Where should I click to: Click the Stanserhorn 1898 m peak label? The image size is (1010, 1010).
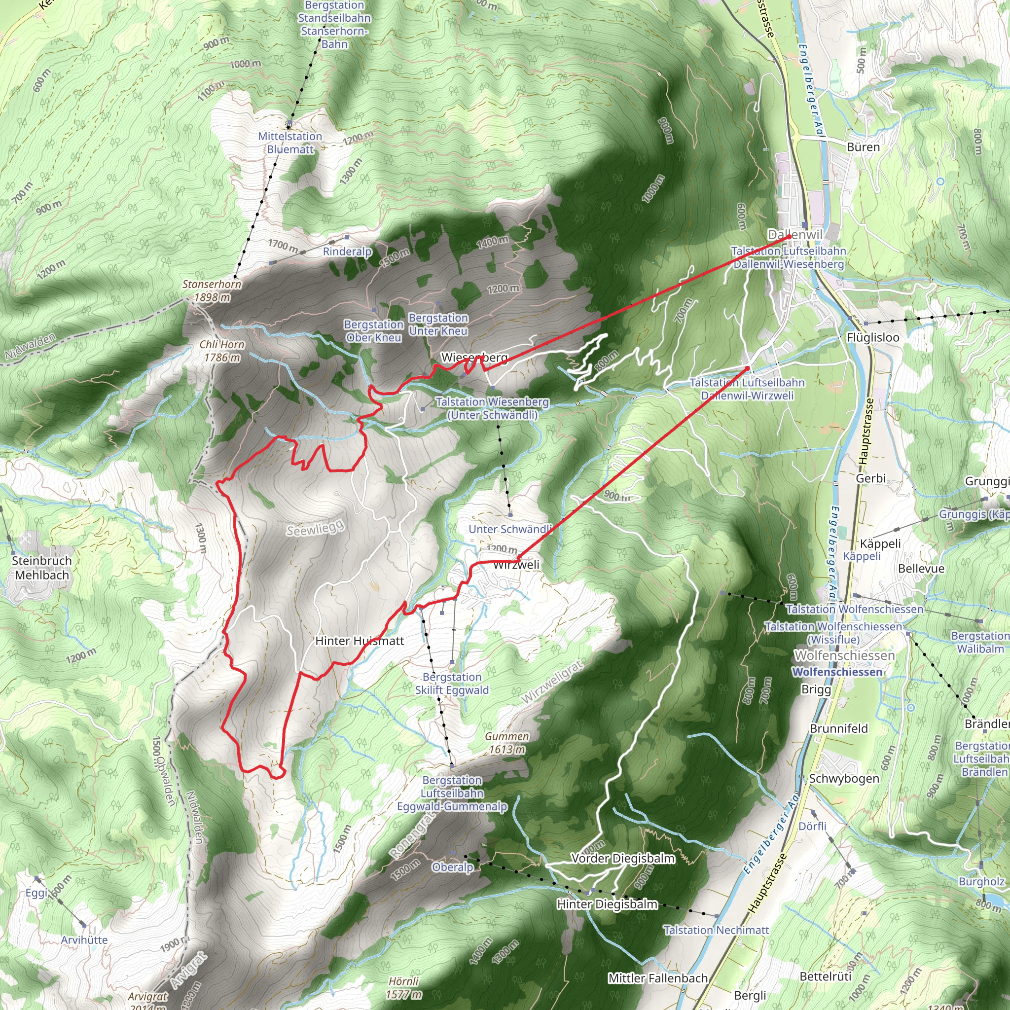click(x=212, y=290)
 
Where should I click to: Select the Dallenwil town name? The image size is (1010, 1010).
click(x=794, y=235)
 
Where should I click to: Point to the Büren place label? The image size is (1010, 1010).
click(x=863, y=147)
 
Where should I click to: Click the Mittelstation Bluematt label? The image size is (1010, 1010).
click(x=290, y=143)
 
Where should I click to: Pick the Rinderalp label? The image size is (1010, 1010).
click(x=347, y=252)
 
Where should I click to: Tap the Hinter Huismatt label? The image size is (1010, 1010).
click(x=360, y=641)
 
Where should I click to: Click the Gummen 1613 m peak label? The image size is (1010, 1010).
click(x=506, y=743)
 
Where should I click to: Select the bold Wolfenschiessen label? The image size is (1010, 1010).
click(x=837, y=672)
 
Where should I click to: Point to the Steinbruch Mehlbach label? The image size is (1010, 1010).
click(x=42, y=568)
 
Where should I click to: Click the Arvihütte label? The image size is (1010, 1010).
click(x=84, y=940)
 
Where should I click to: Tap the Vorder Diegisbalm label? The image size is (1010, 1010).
click(x=623, y=859)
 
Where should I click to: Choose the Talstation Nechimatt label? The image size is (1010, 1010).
click(x=716, y=930)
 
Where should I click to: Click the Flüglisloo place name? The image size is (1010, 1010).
click(x=873, y=338)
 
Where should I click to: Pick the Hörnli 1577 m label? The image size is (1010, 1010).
click(x=403, y=987)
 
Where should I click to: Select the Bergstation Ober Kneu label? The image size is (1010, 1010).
click(x=374, y=331)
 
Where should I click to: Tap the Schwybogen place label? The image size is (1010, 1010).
click(x=844, y=778)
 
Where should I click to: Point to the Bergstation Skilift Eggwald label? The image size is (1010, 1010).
click(x=452, y=683)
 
